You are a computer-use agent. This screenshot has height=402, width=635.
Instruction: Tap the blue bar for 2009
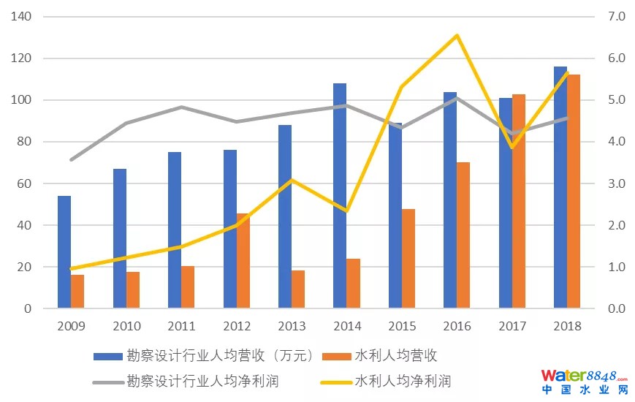[x=64, y=252]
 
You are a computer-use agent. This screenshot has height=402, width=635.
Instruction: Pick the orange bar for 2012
[x=243, y=261]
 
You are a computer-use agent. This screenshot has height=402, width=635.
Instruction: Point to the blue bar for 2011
[x=175, y=230]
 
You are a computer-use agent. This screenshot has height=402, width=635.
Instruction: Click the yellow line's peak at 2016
[x=457, y=35]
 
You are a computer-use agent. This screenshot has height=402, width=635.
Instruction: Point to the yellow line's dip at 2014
[x=346, y=211]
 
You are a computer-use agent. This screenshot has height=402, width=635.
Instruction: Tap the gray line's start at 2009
[x=71, y=159]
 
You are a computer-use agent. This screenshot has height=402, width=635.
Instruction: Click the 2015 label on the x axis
[x=401, y=326]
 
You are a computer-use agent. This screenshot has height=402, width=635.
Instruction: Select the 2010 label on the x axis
[x=126, y=326]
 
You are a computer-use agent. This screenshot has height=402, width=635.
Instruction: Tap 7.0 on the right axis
[x=607, y=16]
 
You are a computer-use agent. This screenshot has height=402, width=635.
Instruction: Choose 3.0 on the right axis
[x=607, y=183]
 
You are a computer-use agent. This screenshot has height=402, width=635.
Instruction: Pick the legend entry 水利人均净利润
[x=403, y=381]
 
